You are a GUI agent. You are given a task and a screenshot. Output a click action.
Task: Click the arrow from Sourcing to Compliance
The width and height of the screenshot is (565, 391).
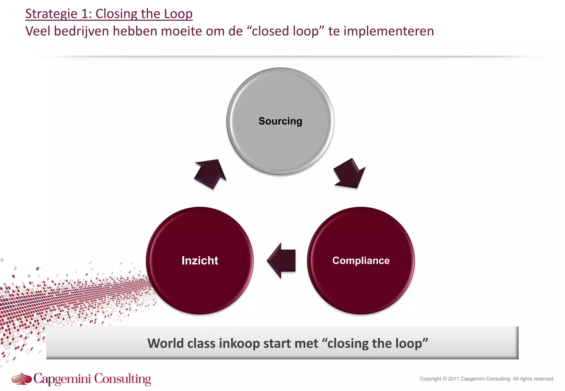click(350, 174)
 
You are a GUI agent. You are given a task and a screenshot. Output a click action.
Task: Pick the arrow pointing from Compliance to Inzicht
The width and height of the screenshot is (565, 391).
click(282, 261)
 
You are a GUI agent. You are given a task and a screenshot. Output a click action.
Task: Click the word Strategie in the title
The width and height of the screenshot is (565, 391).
click(51, 14)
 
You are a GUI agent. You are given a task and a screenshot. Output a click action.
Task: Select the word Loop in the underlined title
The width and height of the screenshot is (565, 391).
click(178, 14)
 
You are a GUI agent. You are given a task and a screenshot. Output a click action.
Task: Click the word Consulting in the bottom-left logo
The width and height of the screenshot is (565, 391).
click(123, 379)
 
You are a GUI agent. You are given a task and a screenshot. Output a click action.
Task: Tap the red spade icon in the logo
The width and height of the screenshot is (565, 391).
click(22, 378)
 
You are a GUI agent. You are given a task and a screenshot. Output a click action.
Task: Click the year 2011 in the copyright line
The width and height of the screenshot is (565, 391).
click(453, 379)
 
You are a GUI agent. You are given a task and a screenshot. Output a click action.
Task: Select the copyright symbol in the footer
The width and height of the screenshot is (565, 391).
click(444, 379)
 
